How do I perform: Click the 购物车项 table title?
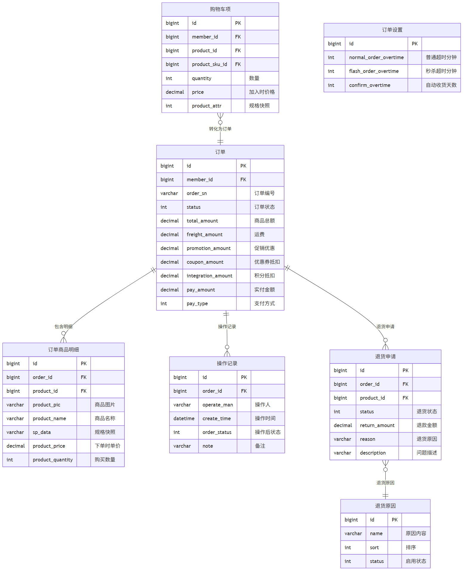(x=220, y=9)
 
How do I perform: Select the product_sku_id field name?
(x=209, y=64)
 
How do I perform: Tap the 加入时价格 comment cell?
(x=262, y=92)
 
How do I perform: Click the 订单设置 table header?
(x=392, y=30)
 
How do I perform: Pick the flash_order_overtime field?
(x=374, y=71)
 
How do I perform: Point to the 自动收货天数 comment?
(x=441, y=85)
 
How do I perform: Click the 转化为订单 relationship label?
(x=220, y=129)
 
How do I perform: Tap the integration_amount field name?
(x=209, y=276)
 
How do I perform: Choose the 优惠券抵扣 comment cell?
(x=267, y=262)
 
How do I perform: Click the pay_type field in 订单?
(x=197, y=303)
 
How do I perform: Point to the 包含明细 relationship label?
(x=64, y=326)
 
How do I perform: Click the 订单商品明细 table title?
(x=64, y=349)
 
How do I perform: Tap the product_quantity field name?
(x=53, y=460)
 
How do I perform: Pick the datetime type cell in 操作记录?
(x=184, y=418)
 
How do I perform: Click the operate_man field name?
(x=218, y=405)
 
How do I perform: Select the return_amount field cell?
(x=377, y=425)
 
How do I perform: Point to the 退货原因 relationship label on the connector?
(x=385, y=483)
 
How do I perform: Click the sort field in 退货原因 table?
(x=374, y=547)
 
